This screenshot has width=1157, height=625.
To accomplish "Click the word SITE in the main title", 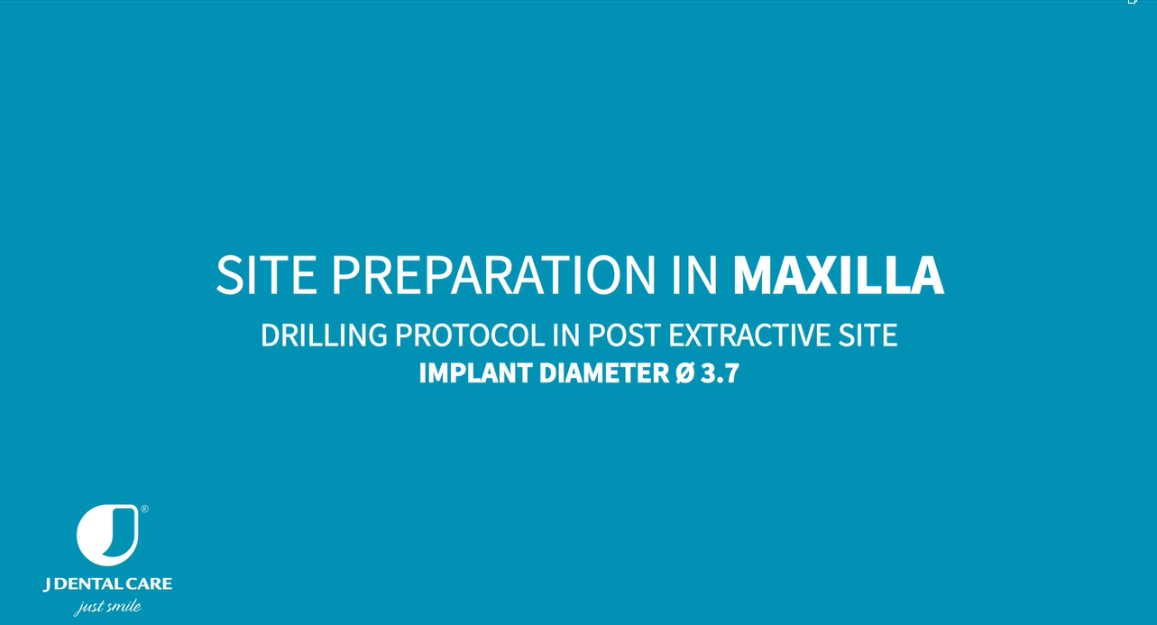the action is [266, 275].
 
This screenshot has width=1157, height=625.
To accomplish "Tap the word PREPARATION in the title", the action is [494, 275].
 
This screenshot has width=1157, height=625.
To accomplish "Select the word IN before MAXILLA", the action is [694, 275].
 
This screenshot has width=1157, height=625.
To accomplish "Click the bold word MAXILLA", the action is [839, 275].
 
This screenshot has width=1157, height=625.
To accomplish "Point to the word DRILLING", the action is [324, 335].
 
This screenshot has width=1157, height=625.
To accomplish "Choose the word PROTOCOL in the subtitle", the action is [470, 335].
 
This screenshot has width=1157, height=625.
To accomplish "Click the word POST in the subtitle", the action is [624, 335].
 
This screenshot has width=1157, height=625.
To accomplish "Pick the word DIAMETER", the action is [604, 373].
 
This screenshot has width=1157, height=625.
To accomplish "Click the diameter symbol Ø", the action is [684, 373].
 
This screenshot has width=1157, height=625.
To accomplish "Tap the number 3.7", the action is [720, 373].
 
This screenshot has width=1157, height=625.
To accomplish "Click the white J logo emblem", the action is [108, 535].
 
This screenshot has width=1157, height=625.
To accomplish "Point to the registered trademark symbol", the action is [144, 510].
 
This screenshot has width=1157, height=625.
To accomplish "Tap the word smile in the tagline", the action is [124, 605].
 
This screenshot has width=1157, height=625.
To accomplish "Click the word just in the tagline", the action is [89, 608].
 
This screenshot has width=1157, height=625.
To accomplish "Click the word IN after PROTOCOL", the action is [566, 335].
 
